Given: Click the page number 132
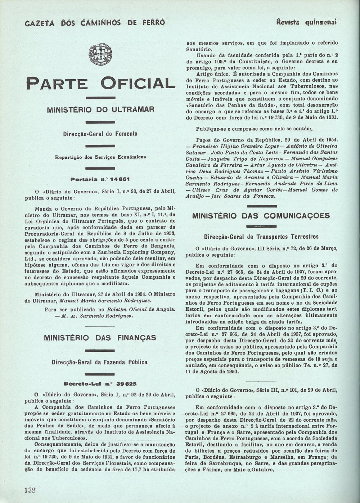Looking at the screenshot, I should (30, 490).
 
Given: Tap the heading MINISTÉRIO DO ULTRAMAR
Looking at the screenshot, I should (100, 110).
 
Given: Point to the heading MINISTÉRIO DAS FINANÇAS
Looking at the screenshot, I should (100, 338).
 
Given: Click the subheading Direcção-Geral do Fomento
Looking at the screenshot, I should (100, 134).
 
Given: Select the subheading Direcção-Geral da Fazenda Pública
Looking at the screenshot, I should (99, 362).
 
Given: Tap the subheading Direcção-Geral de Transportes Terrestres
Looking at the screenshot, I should (261, 237).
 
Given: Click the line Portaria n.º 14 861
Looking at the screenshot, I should (100, 179).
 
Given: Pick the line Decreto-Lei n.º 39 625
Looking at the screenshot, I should (100, 383).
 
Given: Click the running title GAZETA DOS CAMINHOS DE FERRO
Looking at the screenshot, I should (95, 23).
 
